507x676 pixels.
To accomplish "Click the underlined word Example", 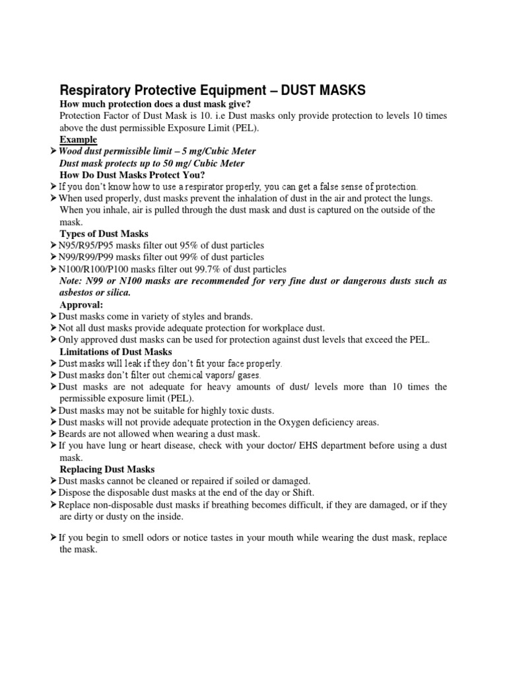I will pos(78,140).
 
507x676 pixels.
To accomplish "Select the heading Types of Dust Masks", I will pos(104,234).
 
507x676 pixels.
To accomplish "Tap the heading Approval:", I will pos(82,305).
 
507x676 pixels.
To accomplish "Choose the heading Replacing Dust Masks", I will pos(107,469).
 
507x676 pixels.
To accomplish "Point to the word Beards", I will pos(72,434).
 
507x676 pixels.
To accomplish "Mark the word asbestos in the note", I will pos(79,293).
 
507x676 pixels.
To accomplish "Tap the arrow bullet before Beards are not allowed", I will pos(53,434).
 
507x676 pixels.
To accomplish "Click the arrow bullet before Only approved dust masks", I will pos(53,340).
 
